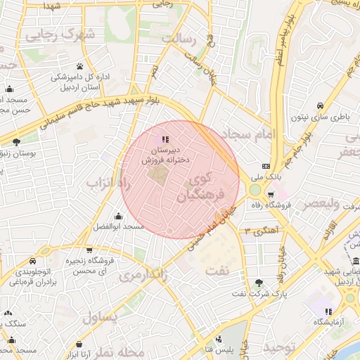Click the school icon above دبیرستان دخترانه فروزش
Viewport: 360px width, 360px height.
(165, 139)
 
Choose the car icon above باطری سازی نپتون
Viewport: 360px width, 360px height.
(320, 101)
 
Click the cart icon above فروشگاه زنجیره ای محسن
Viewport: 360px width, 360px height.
(90, 250)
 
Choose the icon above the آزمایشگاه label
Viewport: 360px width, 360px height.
(327, 311)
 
